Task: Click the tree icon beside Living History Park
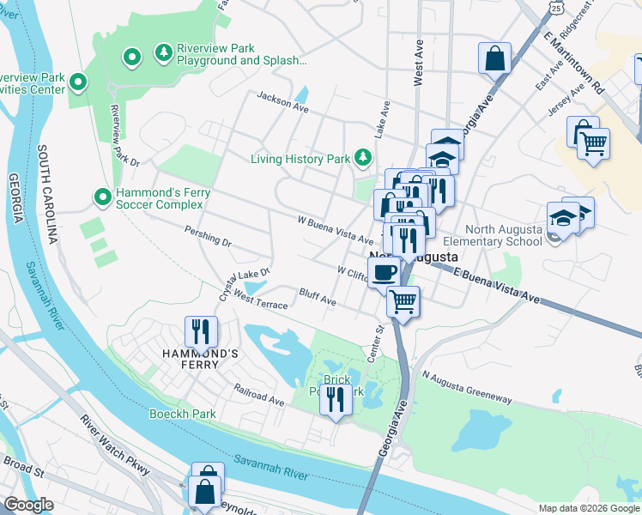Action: [x=363, y=158]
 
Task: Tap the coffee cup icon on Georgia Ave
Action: [x=385, y=273]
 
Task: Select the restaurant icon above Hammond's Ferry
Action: [x=201, y=330]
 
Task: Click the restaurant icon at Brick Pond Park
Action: [x=336, y=398]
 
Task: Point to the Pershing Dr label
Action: [x=208, y=237]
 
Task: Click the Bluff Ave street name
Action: [x=317, y=300]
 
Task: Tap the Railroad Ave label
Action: [x=258, y=395]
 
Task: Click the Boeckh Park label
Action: [x=181, y=414]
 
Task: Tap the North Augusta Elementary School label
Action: [x=504, y=235]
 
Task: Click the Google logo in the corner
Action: [x=28, y=505]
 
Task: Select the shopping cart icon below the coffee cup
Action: [x=403, y=301]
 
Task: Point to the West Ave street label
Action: [x=419, y=65]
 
